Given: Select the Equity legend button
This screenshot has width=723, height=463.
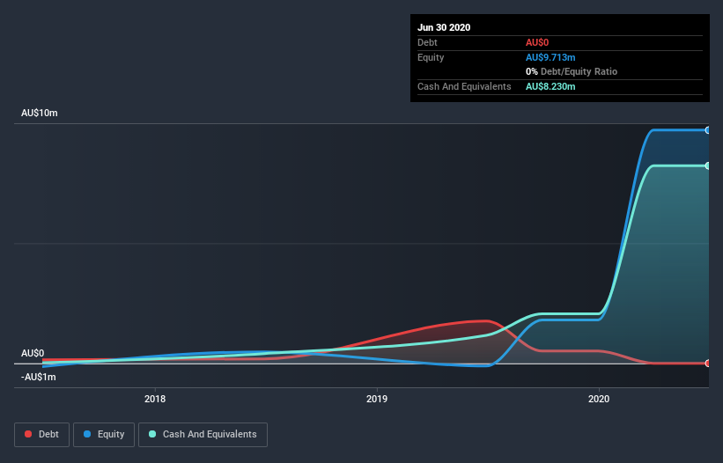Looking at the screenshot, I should pos(104,434).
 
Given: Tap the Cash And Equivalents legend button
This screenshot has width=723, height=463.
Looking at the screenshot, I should pos(203,434).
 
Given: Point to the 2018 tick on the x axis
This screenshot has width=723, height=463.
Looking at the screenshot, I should pos(155,398).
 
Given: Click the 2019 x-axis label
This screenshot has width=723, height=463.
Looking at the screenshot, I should pos(377,398).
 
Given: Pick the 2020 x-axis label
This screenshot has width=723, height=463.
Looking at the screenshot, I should pos(599,398).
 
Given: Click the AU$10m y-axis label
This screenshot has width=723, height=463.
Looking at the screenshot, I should pos(40,114).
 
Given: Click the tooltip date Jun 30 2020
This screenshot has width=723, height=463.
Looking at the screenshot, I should pos(444,27).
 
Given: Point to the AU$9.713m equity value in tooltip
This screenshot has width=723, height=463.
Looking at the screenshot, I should pos(551,57).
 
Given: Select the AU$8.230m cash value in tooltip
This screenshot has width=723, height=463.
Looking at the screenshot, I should pos(551,86).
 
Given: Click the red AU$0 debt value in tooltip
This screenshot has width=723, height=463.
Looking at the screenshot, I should pos(538,42).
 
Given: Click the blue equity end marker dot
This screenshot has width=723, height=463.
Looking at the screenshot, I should pos(708,130).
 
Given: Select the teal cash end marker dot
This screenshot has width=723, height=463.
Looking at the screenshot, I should pos(708,165).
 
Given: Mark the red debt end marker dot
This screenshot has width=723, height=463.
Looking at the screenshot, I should pos(708,363).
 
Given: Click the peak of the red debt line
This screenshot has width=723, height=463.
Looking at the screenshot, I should pos(483,320).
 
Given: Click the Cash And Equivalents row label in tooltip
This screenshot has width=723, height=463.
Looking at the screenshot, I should pos(464,86).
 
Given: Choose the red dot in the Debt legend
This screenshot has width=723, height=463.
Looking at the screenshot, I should pos(29,434).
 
